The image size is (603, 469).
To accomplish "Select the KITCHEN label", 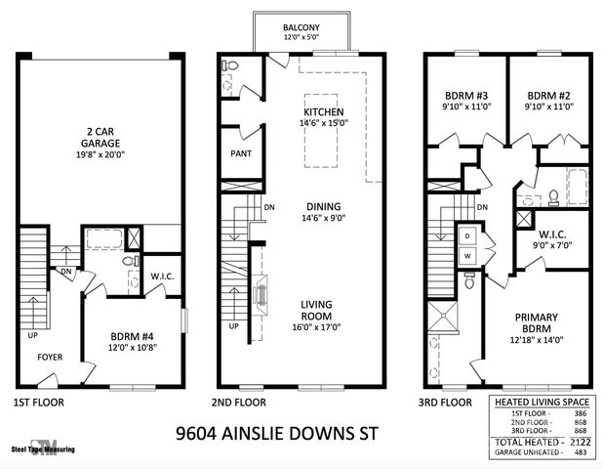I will pos(324,111).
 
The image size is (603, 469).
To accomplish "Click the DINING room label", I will pos(323,206).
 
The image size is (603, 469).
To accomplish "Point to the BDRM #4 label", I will pos(133,338).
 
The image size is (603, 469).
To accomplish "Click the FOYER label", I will pos(51,358).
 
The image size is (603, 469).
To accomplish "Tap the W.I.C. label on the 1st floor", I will pos(162,276).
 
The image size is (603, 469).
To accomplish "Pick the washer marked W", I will pos(466,256).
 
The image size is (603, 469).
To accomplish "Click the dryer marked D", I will pos(466,236).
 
